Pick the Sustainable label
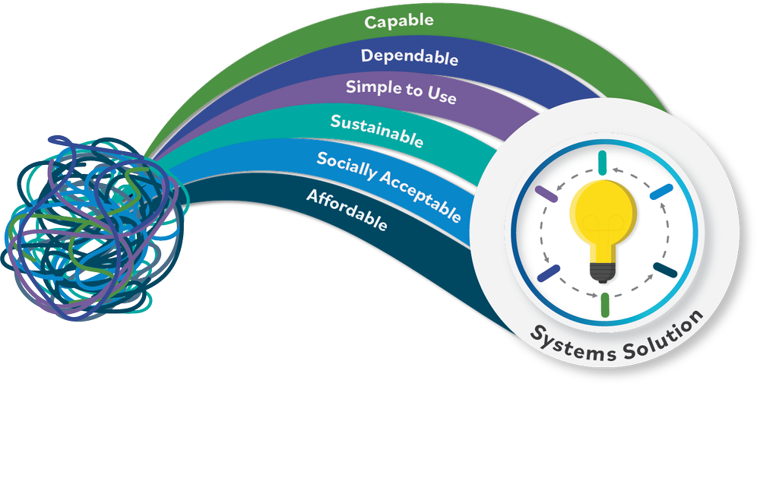pos(377,130)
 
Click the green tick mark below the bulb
pos(605,304)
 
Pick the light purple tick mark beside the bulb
pos(546,194)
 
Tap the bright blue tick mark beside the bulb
pos(660,192)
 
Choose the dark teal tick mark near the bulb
pos(666,271)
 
